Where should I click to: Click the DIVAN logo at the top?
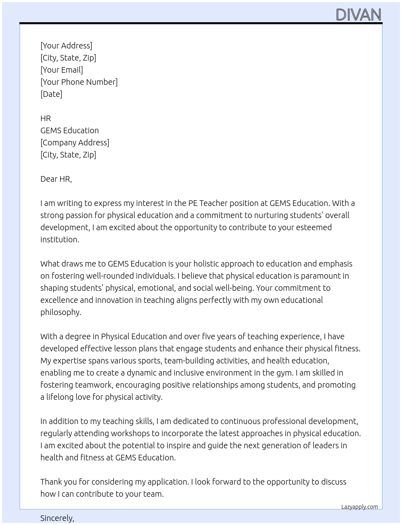click(358, 15)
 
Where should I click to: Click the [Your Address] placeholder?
click(66, 46)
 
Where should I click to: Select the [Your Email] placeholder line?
click(62, 70)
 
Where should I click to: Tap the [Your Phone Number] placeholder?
click(79, 82)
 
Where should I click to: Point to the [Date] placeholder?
click(51, 94)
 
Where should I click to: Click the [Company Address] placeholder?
click(75, 143)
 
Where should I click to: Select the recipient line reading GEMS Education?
click(69, 130)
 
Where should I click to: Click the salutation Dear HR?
click(56, 179)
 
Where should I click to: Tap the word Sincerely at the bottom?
click(57, 518)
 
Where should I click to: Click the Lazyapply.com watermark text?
click(360, 507)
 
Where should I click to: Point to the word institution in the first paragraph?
click(59, 239)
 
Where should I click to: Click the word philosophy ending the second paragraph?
click(61, 312)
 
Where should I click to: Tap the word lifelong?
click(60, 397)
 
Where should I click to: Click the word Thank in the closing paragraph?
click(52, 482)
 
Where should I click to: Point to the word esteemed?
click(314, 227)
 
